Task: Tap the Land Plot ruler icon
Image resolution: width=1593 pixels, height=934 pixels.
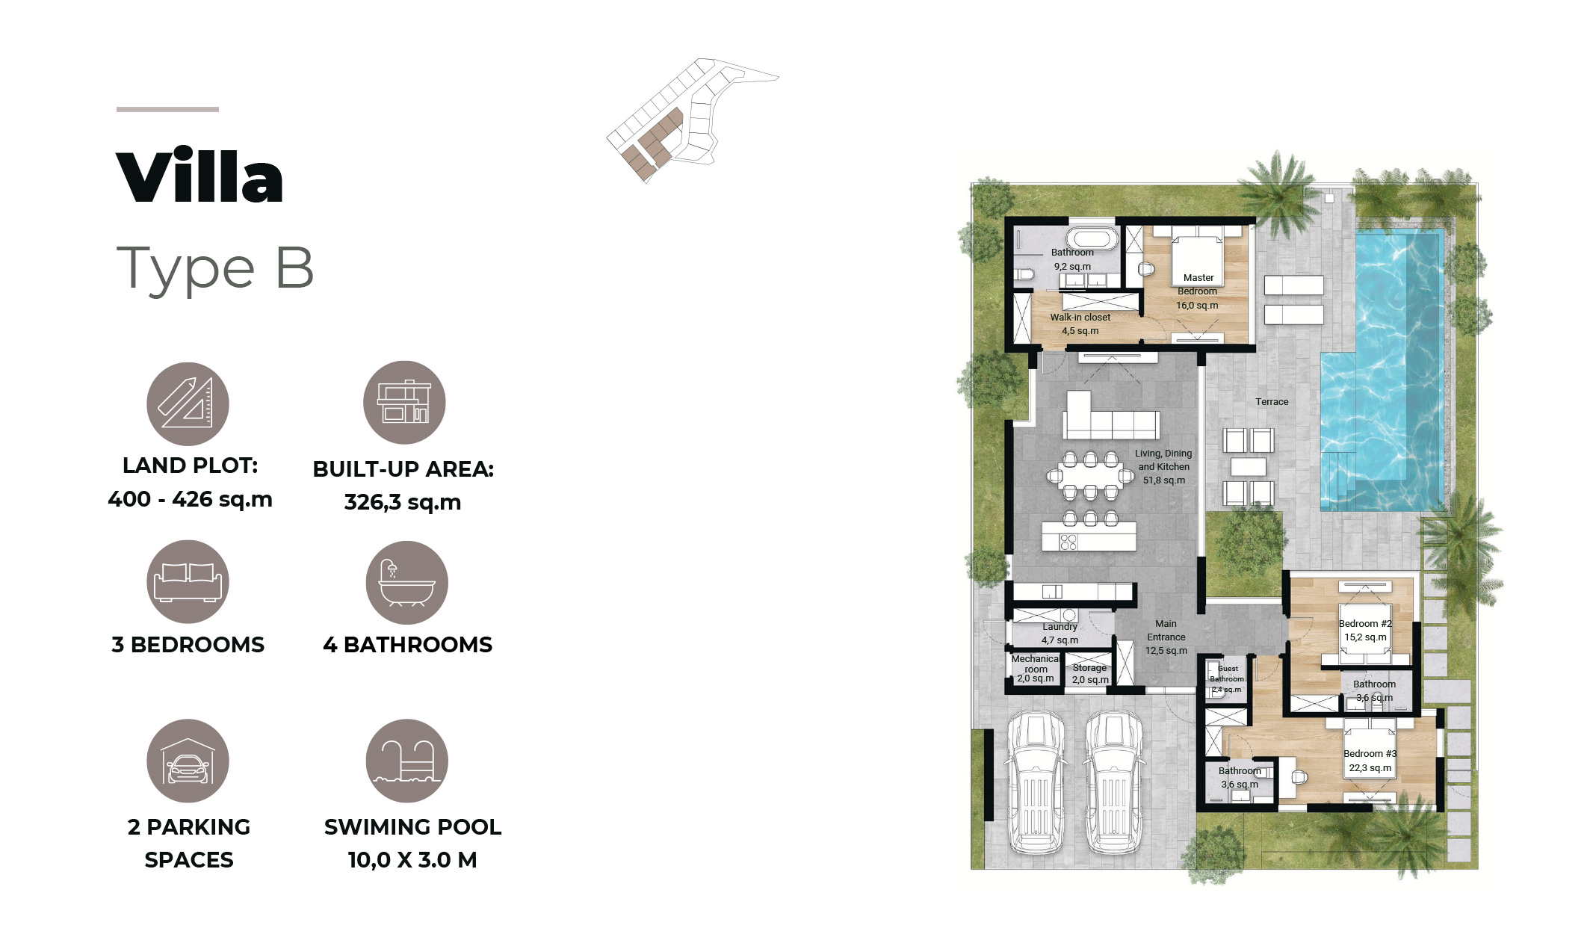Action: click(188, 403)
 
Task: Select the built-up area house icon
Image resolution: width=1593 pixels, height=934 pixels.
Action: click(404, 403)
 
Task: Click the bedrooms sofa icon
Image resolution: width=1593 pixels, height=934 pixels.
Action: click(188, 582)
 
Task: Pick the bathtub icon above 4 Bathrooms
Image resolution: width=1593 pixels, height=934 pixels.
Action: click(406, 583)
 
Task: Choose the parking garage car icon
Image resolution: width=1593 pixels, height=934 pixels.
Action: click(188, 761)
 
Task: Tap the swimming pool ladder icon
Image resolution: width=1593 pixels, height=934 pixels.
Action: click(406, 761)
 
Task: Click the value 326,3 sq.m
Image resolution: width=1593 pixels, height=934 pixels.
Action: click(403, 502)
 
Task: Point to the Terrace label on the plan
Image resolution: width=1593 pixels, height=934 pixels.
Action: click(1272, 402)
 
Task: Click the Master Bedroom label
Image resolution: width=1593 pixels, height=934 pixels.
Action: click(1198, 285)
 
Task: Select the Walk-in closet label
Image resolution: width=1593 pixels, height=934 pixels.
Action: click(1080, 318)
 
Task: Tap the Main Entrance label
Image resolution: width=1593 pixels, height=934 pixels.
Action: click(1166, 631)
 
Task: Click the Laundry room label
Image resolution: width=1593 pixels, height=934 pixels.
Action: click(1060, 627)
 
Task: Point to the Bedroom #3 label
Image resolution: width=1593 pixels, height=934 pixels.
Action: click(1370, 754)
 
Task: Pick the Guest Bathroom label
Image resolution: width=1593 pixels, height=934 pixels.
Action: click(1228, 674)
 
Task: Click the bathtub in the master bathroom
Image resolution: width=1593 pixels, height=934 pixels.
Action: click(1092, 239)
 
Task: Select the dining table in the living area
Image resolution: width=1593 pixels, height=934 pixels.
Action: click(1091, 475)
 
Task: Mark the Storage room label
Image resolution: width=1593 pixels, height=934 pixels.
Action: click(1089, 668)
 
